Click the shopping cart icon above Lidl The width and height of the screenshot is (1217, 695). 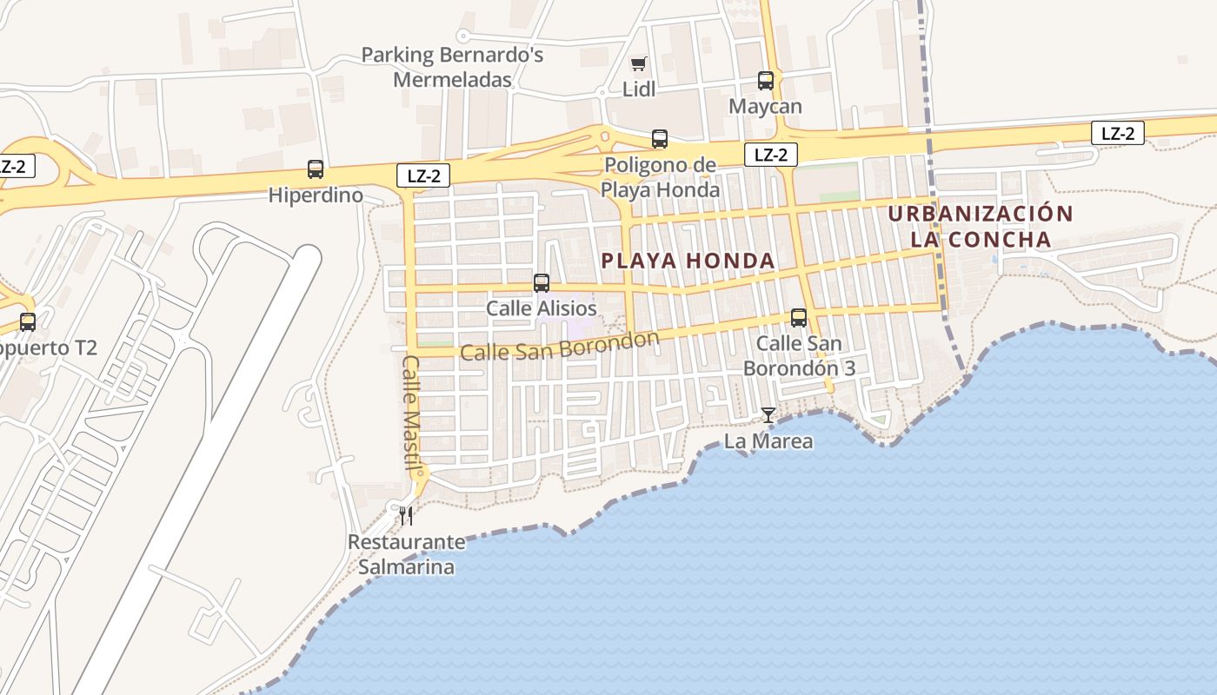click(x=639, y=63)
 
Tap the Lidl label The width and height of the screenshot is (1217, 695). click(x=639, y=89)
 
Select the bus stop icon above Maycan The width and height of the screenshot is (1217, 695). click(x=766, y=81)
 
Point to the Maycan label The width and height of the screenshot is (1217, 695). click(x=766, y=106)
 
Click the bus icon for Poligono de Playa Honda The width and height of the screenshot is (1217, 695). click(x=660, y=139)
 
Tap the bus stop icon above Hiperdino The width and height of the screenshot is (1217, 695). click(x=316, y=169)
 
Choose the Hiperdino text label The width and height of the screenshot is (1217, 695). click(x=316, y=195)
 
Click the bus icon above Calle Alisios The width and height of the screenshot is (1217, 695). click(x=542, y=283)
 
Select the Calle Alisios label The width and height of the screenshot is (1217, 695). click(x=542, y=308)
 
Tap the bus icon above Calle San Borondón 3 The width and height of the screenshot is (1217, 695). click(x=799, y=318)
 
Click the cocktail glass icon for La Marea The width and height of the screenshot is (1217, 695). click(x=768, y=415)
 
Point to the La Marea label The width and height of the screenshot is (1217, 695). click(x=768, y=441)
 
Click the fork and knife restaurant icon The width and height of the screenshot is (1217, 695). click(x=406, y=516)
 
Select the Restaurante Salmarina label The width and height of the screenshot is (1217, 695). click(x=406, y=554)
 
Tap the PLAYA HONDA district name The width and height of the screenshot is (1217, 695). click(x=688, y=261)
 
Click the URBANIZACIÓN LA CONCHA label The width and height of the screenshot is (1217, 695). click(x=981, y=226)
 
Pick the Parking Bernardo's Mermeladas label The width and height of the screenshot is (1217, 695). click(x=452, y=67)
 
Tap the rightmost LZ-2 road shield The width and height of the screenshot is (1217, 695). click(x=1118, y=134)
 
